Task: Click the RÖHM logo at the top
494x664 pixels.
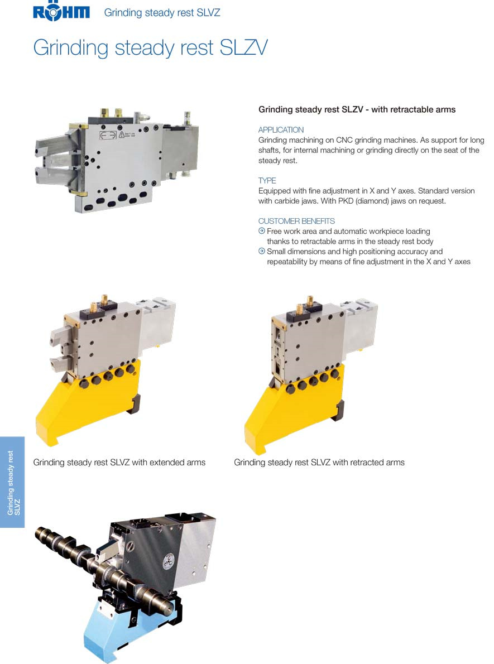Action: point(61,11)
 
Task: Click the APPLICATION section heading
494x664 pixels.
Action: point(281,130)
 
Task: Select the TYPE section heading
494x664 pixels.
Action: point(267,180)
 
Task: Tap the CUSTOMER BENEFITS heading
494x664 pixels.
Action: point(296,221)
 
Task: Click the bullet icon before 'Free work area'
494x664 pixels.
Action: point(262,231)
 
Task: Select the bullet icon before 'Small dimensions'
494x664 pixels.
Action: point(262,251)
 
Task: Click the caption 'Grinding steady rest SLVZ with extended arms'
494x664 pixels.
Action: point(119,463)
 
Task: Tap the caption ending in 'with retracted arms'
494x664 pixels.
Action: point(319,463)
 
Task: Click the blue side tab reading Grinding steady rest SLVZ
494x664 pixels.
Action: point(12,482)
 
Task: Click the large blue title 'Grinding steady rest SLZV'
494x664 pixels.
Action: point(150,48)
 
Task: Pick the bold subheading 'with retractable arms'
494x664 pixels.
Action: point(413,109)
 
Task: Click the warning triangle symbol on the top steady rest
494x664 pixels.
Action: point(121,135)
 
